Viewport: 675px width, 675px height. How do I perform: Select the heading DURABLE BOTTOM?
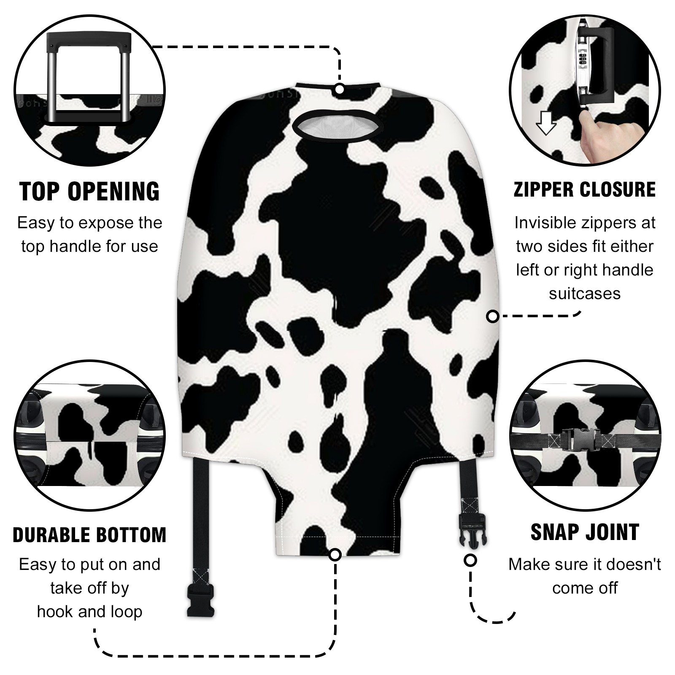pyautogui.click(x=89, y=535)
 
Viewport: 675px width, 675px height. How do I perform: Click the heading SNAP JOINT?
pyautogui.click(x=585, y=532)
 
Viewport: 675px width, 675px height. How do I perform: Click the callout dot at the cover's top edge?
pyautogui.click(x=339, y=89)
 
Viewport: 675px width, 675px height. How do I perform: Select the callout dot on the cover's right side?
pyautogui.click(x=493, y=316)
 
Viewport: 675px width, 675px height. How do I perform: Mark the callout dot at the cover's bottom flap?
pyautogui.click(x=335, y=554)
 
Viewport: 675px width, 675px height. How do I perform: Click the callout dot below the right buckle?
pyautogui.click(x=470, y=560)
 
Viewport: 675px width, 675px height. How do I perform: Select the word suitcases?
pyautogui.click(x=585, y=294)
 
